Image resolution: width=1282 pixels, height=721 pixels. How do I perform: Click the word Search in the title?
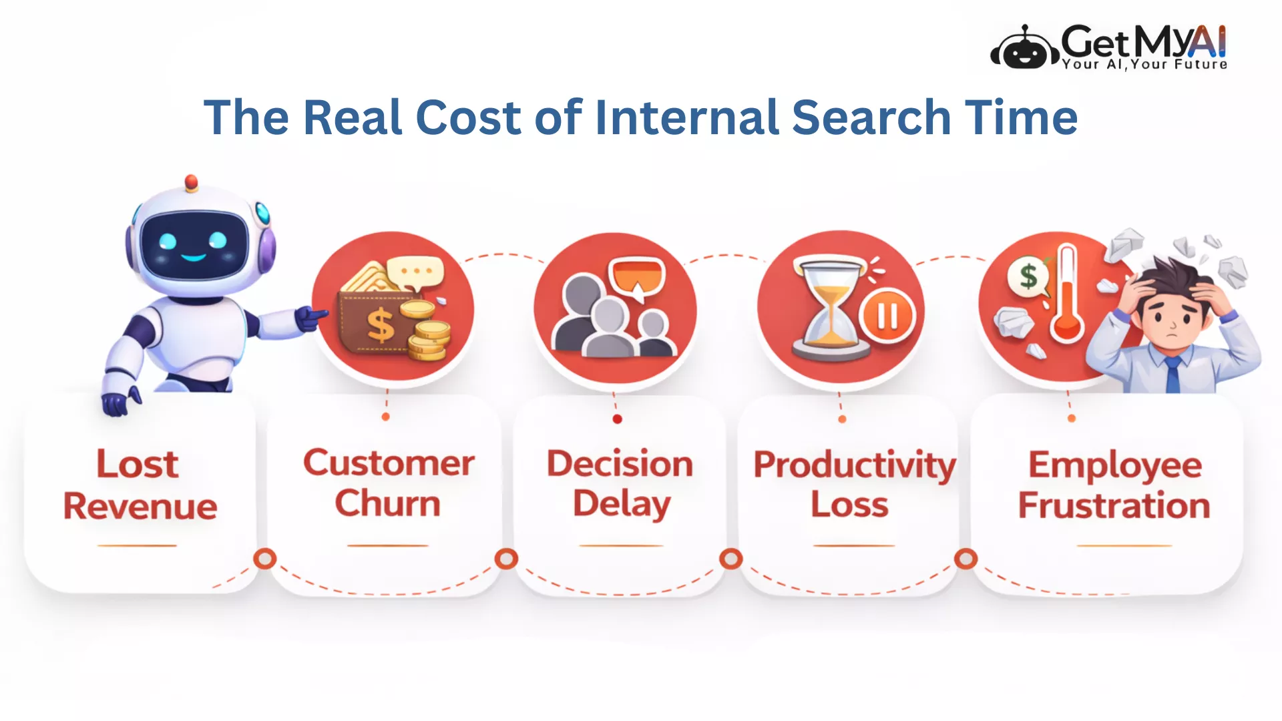coord(871,117)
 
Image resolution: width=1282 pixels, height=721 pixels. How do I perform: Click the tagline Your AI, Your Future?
coord(1144,64)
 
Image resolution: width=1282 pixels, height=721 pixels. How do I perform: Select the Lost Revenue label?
coord(140,485)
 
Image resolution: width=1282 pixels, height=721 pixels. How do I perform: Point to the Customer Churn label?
coord(389,483)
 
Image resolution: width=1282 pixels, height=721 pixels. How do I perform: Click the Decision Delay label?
coord(620,484)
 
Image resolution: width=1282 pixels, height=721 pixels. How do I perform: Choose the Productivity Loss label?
coord(855,484)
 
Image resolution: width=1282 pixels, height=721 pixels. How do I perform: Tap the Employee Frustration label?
coord(1114,485)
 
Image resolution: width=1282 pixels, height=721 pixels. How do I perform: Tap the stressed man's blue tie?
coord(1172,375)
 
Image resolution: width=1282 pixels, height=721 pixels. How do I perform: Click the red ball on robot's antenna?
coord(191,182)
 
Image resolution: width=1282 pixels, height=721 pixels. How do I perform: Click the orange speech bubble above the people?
coord(638,277)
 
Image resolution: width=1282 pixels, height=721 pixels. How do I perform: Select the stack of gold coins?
coord(427,332)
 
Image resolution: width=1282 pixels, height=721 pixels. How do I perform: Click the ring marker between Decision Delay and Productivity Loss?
coord(731,559)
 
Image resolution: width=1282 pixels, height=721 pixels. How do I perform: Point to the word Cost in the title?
coord(467,117)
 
